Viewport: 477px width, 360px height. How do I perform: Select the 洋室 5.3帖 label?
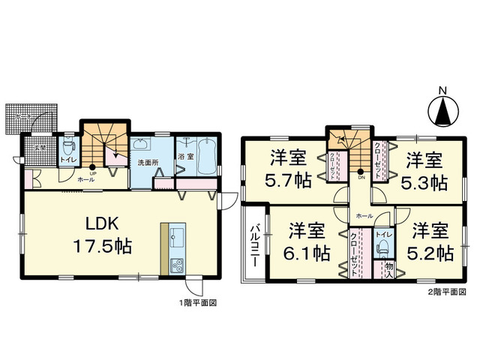[424, 170]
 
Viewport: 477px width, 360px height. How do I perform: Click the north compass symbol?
[442, 112]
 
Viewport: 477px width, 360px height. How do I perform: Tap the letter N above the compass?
[442, 91]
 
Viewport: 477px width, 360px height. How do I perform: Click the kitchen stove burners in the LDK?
[177, 264]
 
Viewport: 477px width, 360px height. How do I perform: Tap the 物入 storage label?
[388, 268]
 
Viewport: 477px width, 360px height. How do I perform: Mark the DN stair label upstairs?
[361, 178]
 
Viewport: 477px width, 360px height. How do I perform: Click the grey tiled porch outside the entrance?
[31, 118]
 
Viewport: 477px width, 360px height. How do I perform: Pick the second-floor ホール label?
[364, 215]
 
